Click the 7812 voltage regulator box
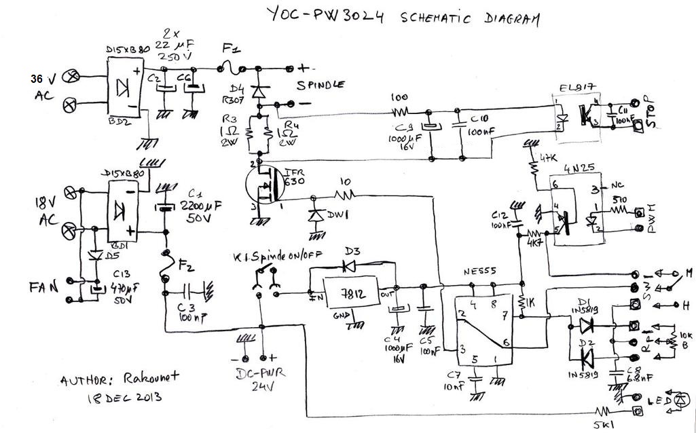point(350,295)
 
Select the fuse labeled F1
point(231,67)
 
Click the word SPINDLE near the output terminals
point(320,85)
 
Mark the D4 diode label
point(238,88)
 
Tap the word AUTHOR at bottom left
point(86,380)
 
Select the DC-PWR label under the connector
point(257,373)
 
